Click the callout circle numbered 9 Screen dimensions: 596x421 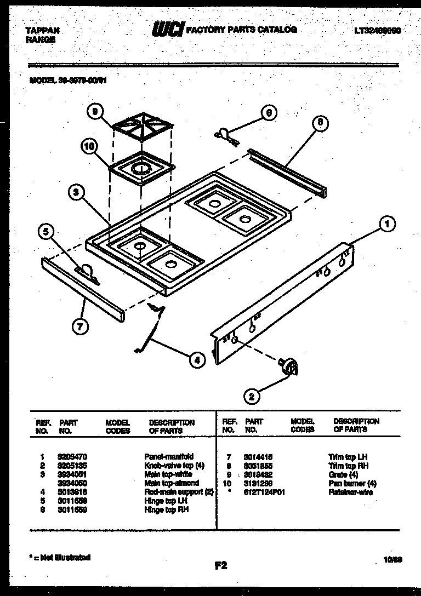95,112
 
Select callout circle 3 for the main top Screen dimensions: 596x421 77,192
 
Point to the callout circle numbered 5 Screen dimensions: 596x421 47,232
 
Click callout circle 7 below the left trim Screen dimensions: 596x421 81,328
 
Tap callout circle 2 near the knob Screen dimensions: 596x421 252,396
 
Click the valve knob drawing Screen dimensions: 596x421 288,366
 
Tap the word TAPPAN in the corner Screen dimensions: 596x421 43,31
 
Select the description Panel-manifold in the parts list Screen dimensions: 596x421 169,456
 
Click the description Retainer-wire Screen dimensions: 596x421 350,492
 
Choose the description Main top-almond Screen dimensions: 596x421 172,483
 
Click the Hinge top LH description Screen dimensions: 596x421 166,501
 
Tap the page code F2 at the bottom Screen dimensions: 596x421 220,567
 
